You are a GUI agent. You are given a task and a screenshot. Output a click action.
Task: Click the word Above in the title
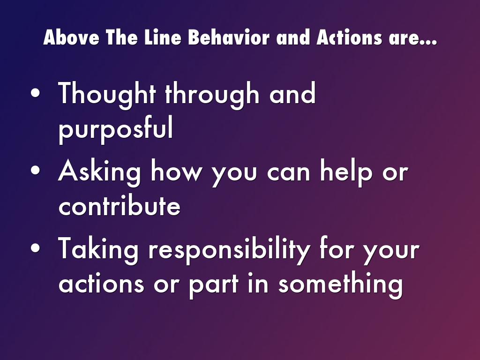coord(71,37)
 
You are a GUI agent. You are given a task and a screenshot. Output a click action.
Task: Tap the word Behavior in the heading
coord(229,37)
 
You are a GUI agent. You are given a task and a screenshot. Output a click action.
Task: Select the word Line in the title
coord(163,37)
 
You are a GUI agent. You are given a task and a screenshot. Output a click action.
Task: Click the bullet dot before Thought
coord(35,93)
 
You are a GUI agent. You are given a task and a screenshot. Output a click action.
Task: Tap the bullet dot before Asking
coord(35,170)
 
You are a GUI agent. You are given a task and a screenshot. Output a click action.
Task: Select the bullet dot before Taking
coord(35,248)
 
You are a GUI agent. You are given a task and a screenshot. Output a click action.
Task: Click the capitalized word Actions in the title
coord(349,37)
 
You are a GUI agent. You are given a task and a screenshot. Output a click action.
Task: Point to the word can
coord(289,173)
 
